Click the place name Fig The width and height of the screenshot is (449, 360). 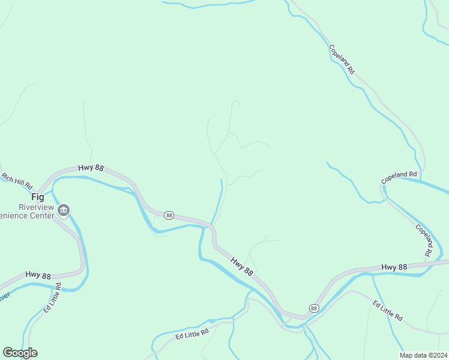click(38, 197)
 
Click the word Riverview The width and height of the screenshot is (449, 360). click(35, 207)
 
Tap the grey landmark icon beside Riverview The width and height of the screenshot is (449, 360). click(64, 210)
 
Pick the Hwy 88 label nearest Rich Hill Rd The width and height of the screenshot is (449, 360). click(91, 169)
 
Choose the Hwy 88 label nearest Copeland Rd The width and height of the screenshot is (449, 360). click(394, 266)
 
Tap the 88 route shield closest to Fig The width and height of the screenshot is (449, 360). click(169, 215)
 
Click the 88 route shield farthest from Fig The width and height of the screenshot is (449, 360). click(313, 308)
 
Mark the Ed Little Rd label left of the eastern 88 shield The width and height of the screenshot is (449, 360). click(192, 334)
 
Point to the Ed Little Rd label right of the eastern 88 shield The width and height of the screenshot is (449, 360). click(387, 310)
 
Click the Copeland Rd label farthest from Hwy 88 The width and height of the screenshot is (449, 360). click(342, 59)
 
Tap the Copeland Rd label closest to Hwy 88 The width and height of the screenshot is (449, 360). click(423, 241)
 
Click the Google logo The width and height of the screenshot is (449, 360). click(20, 353)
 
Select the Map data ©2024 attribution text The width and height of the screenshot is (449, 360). click(424, 355)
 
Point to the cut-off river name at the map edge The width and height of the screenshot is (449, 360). click(4, 296)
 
